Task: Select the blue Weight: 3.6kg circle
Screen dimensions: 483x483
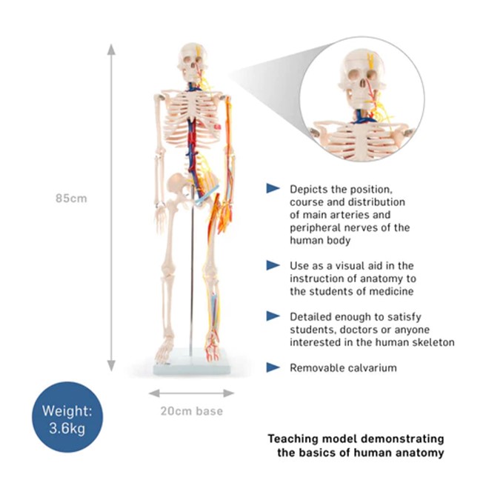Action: tap(67, 420)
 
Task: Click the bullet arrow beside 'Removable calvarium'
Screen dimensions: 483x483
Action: tap(273, 367)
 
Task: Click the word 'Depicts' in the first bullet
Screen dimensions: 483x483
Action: tap(307, 189)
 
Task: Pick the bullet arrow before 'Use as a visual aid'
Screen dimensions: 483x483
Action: tap(273, 264)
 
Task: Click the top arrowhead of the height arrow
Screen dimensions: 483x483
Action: tap(111, 49)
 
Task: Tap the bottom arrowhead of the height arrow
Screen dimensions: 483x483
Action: tap(111, 365)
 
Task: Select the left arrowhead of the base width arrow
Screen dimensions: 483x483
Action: tap(153, 393)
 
